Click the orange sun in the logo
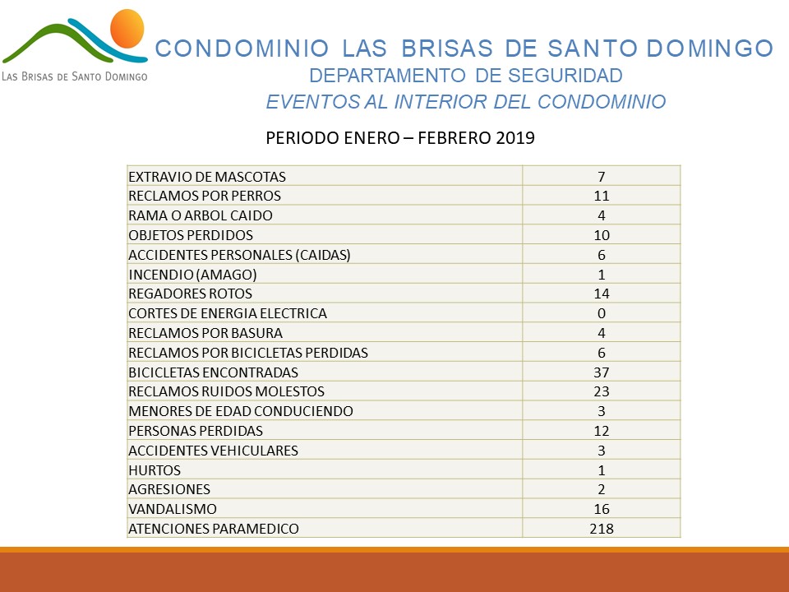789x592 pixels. [127, 29]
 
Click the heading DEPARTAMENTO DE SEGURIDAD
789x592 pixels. [466, 76]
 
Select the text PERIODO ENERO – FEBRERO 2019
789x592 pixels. [400, 137]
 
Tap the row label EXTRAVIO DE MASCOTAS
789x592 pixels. [207, 177]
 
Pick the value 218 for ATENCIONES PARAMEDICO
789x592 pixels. [602, 529]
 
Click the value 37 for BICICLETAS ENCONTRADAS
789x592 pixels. [602, 372]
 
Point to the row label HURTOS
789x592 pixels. [155, 470]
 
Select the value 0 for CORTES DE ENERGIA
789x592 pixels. [602, 313]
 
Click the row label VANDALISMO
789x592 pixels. [173, 509]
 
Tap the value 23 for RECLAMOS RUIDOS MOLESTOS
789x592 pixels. [602, 391]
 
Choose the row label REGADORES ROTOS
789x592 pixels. [190, 294]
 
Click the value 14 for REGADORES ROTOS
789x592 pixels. [602, 294]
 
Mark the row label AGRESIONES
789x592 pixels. [169, 489]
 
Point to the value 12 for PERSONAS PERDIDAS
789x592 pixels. [602, 431]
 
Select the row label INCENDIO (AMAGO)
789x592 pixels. [192, 275]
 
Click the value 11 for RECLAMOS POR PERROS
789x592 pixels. [602, 196]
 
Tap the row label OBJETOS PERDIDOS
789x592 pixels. [191, 235]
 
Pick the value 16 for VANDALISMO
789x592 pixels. [602, 509]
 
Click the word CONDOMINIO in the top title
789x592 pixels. [242, 49]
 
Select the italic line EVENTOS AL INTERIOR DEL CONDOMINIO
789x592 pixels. [466, 102]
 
